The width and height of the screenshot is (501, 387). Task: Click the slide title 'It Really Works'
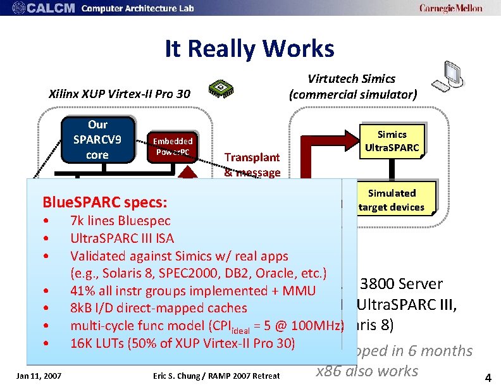pyautogui.click(x=249, y=48)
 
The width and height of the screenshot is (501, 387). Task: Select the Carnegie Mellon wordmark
pyautogui.click(x=450, y=8)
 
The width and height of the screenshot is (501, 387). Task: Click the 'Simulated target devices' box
pyautogui.click(x=392, y=200)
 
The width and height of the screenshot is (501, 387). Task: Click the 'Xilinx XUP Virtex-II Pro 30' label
pyautogui.click(x=119, y=95)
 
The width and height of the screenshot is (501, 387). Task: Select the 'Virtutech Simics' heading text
pyautogui.click(x=351, y=79)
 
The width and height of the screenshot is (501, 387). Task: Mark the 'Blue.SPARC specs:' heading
pyautogui.click(x=104, y=203)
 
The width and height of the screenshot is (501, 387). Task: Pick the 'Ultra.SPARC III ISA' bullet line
pyautogui.click(x=122, y=238)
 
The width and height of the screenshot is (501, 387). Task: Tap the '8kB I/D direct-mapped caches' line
pyautogui.click(x=158, y=308)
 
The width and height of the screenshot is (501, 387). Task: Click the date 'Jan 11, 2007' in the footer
pyautogui.click(x=40, y=376)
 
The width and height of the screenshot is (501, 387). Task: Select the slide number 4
pyautogui.click(x=487, y=378)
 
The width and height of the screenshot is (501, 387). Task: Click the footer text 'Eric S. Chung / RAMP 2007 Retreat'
pyautogui.click(x=216, y=376)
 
